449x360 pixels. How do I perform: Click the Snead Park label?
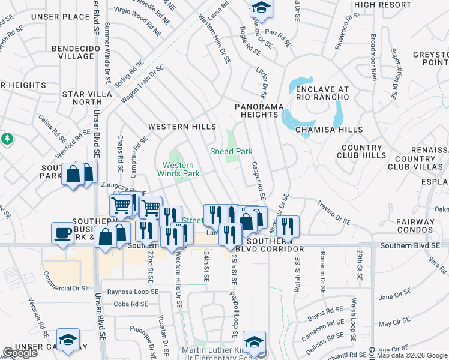tap(231, 152)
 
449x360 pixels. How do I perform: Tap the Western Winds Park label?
tap(178, 169)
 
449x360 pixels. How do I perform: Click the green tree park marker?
tap(7, 139)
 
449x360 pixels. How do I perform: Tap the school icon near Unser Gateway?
tap(68, 338)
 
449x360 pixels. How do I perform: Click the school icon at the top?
tap(261, 7)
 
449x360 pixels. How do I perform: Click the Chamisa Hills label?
tap(328, 130)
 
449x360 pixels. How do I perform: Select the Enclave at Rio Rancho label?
tap(322, 94)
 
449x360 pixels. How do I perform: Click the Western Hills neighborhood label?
tap(182, 127)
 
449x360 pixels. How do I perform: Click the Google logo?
tap(20, 353)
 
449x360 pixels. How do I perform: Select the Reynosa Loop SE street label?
tap(127, 292)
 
